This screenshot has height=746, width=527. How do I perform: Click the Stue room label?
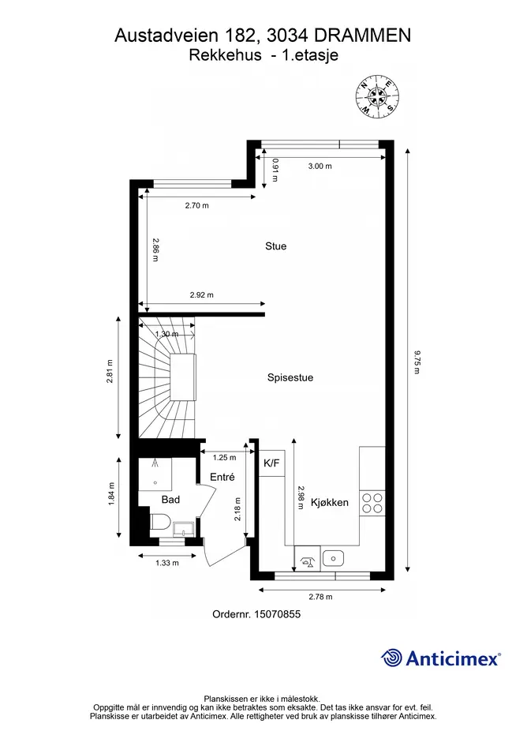pyautogui.click(x=276, y=246)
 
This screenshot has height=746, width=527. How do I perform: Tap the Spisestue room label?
pyautogui.click(x=290, y=378)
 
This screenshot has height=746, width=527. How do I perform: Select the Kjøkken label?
pyautogui.click(x=330, y=502)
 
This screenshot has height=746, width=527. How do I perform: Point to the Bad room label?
pyautogui.click(x=170, y=500)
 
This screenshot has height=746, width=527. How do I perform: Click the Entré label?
pyautogui.click(x=222, y=477)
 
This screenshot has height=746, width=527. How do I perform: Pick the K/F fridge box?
pyautogui.click(x=271, y=463)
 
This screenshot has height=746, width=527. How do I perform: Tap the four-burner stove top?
pyautogui.click(x=372, y=503)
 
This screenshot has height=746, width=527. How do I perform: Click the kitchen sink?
pyautogui.click(x=333, y=558)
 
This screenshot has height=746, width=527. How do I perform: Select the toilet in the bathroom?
pyautogui.click(x=161, y=522)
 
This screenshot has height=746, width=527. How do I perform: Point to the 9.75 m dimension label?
pyautogui.click(x=417, y=362)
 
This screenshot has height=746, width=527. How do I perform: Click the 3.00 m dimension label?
pyautogui.click(x=320, y=166)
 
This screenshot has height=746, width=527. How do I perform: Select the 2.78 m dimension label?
pyautogui.click(x=320, y=597)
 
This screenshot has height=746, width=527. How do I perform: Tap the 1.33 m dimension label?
pyautogui.click(x=167, y=563)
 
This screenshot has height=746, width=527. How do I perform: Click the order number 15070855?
pyautogui.click(x=276, y=614)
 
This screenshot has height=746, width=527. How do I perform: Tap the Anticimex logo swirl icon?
pyautogui.click(x=391, y=658)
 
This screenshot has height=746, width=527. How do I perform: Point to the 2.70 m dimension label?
pyautogui.click(x=197, y=205)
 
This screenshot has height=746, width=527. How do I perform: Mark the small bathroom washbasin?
pyautogui.click(x=183, y=529)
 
